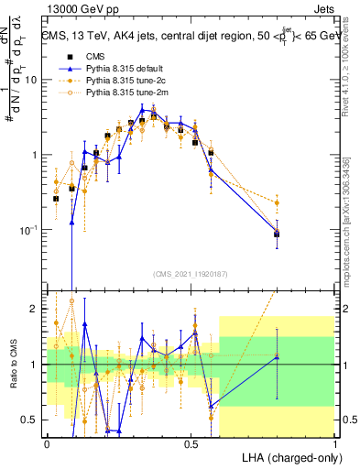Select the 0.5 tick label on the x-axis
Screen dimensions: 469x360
[x=191, y=443]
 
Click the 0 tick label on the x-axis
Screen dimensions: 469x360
[x=47, y=443]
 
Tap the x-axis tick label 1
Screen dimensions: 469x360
[x=335, y=443]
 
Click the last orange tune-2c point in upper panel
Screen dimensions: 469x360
[x=278, y=202]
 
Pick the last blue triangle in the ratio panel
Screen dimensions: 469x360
[x=278, y=357]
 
